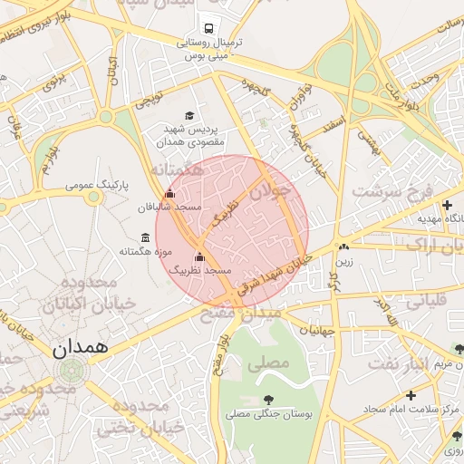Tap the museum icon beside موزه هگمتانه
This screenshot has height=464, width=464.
(x=146, y=238)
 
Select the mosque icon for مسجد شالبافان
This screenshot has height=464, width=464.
(x=170, y=193)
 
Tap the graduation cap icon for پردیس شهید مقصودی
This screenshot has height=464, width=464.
(x=189, y=115)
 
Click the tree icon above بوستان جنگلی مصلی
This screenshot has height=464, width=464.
(x=268, y=400)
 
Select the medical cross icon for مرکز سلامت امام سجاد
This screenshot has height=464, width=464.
(x=411, y=395)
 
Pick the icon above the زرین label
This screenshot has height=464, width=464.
(x=343, y=246)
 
